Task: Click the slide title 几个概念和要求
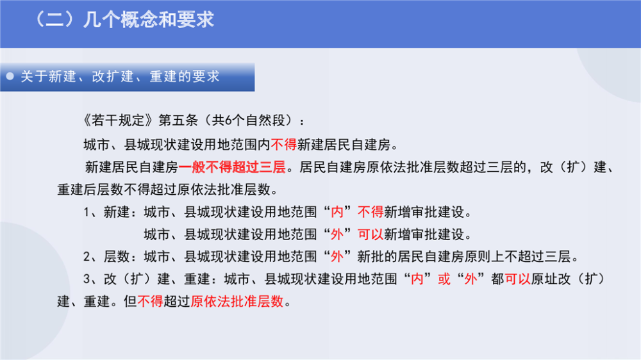click(149, 20)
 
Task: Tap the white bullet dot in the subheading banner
click(10, 76)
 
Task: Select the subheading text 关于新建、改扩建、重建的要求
click(121, 76)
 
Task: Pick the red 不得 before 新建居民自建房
click(284, 144)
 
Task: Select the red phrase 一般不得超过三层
click(232, 167)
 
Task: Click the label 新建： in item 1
click(121, 211)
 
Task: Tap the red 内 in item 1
click(337, 211)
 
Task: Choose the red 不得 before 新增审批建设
click(370, 211)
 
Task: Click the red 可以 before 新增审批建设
click(370, 234)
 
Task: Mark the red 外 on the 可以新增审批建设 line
click(337, 234)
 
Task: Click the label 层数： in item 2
click(121, 257)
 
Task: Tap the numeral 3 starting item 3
click(87, 279)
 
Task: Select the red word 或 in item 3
click(444, 279)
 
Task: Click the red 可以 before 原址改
click(517, 279)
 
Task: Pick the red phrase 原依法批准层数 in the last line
click(237, 302)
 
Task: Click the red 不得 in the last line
click(151, 302)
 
